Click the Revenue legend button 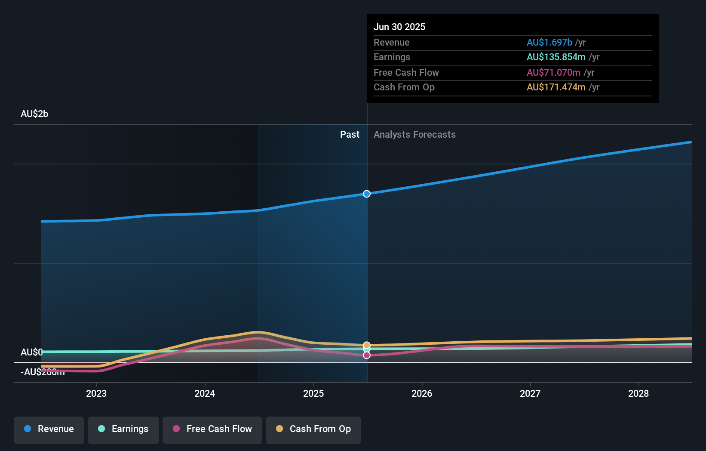[49, 429]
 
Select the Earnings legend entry [123, 429]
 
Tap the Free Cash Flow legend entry [212, 429]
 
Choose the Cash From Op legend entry [313, 429]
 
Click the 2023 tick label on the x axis [96, 393]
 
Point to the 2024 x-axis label [205, 393]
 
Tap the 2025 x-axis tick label [313, 393]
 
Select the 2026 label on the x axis [422, 393]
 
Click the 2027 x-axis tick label [530, 393]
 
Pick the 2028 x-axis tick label [638, 393]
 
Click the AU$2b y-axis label [34, 114]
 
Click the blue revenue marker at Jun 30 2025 [367, 194]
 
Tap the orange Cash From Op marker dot [367, 345]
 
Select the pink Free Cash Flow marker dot [367, 355]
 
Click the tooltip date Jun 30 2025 [399, 27]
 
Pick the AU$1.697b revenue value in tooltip [549, 43]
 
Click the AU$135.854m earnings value [556, 57]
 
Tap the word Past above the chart [350, 135]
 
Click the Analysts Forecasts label [414, 135]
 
